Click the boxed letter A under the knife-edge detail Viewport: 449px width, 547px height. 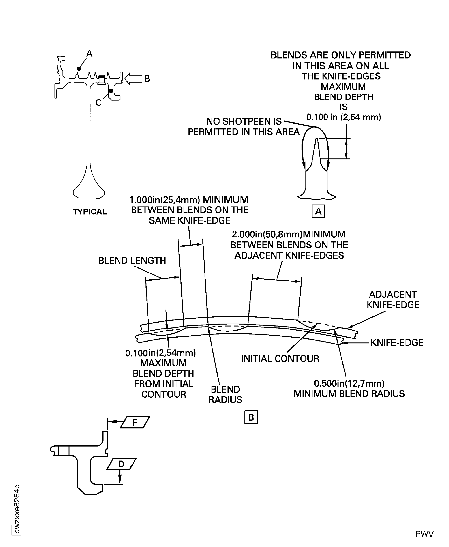point(318,211)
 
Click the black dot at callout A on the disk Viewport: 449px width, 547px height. point(79,69)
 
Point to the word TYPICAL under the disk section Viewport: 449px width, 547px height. point(90,212)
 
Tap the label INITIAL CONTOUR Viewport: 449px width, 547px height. point(280,359)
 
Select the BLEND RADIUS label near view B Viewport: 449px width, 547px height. point(225,394)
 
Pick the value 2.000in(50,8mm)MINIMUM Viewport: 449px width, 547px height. point(288,234)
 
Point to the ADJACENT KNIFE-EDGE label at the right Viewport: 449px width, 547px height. point(393,300)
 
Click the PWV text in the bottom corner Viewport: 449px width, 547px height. point(424,534)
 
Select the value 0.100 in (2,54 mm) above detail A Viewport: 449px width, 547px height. point(344,117)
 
